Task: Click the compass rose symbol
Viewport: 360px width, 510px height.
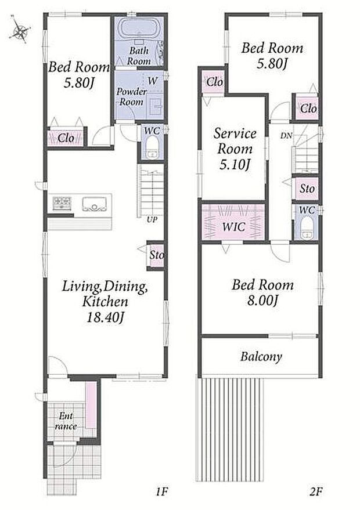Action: [x=20, y=30]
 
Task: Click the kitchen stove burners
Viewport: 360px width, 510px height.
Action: [x=62, y=203]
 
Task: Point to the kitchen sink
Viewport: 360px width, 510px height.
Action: [x=95, y=204]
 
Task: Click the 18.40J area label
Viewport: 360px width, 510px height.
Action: [x=105, y=317]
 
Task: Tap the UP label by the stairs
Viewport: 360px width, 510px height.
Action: [x=152, y=219]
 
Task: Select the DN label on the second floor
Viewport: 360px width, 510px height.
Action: [x=286, y=136]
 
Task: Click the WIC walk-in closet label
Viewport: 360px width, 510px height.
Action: [x=233, y=226]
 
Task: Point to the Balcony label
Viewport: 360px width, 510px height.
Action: [x=261, y=357]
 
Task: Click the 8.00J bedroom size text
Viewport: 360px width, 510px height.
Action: [x=262, y=301]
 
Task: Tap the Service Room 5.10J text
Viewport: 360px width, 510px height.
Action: [x=235, y=149]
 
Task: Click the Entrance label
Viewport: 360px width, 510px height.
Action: [x=66, y=421]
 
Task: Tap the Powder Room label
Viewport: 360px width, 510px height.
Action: [x=131, y=96]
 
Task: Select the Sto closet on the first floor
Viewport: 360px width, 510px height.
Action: [x=156, y=255]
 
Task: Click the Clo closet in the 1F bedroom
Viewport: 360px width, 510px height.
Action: [x=66, y=138]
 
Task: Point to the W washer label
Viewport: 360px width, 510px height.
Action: [x=152, y=81]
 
